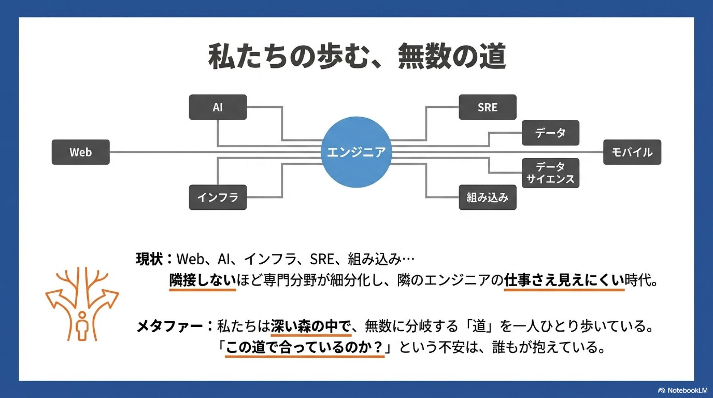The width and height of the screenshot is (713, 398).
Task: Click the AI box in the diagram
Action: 218,107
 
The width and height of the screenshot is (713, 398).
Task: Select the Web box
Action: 81,152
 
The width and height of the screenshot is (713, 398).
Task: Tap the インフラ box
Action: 218,197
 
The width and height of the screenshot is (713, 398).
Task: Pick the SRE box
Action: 487,107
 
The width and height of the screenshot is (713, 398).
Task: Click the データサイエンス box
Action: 550,173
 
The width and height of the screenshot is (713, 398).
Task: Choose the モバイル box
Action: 632,152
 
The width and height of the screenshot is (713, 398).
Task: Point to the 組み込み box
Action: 487,197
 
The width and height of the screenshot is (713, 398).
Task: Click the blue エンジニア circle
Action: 356,152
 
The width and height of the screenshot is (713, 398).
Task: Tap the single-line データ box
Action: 550,133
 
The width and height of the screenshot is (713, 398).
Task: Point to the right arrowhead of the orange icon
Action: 110,297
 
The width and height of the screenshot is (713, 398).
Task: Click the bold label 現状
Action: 149,259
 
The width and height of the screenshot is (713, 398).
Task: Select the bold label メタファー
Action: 169,326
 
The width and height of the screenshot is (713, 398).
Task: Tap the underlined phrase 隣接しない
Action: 202,280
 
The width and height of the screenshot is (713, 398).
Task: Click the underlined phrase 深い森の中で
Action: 310,326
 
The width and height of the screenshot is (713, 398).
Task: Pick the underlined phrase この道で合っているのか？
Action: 305,347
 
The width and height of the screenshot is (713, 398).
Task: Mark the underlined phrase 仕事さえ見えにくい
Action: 564,280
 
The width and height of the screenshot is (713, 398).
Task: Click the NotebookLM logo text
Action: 687,390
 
